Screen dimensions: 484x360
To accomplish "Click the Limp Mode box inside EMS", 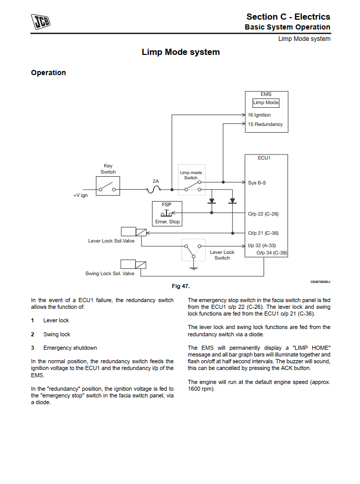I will [266, 103].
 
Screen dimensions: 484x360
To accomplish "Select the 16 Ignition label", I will [259, 115].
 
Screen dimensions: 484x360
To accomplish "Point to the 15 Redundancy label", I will [265, 124].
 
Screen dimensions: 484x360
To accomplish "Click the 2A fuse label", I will [156, 181].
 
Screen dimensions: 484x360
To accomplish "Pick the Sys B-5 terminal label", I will [257, 182].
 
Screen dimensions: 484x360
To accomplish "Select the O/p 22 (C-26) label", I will [263, 213].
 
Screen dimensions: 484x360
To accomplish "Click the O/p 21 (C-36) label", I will [263, 233].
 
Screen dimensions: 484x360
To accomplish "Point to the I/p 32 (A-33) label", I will [262, 246].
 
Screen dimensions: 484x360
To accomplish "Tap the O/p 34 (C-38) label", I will [272, 253].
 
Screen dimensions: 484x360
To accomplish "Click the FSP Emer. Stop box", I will [167, 213].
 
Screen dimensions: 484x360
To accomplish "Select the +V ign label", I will [80, 195].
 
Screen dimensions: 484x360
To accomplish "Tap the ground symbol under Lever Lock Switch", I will [193, 268].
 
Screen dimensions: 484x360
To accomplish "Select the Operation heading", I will [48, 73].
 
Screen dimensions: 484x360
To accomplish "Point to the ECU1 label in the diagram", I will [265, 158].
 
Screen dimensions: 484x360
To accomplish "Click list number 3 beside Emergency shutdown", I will [32, 348].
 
